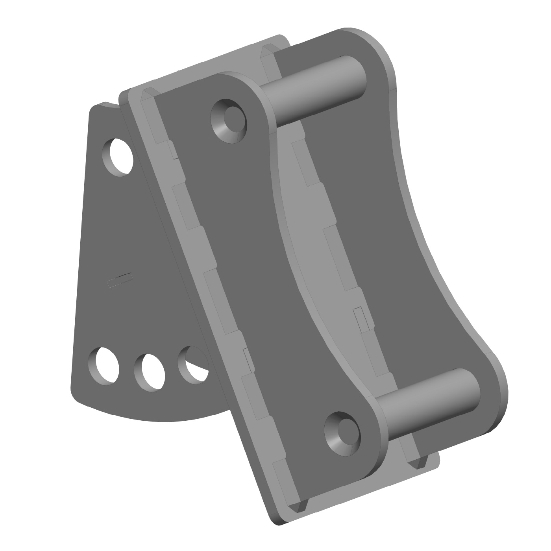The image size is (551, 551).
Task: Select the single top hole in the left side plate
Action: pyautogui.click(x=118, y=157)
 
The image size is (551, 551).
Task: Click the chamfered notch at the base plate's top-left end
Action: pyautogui.click(x=148, y=94)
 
